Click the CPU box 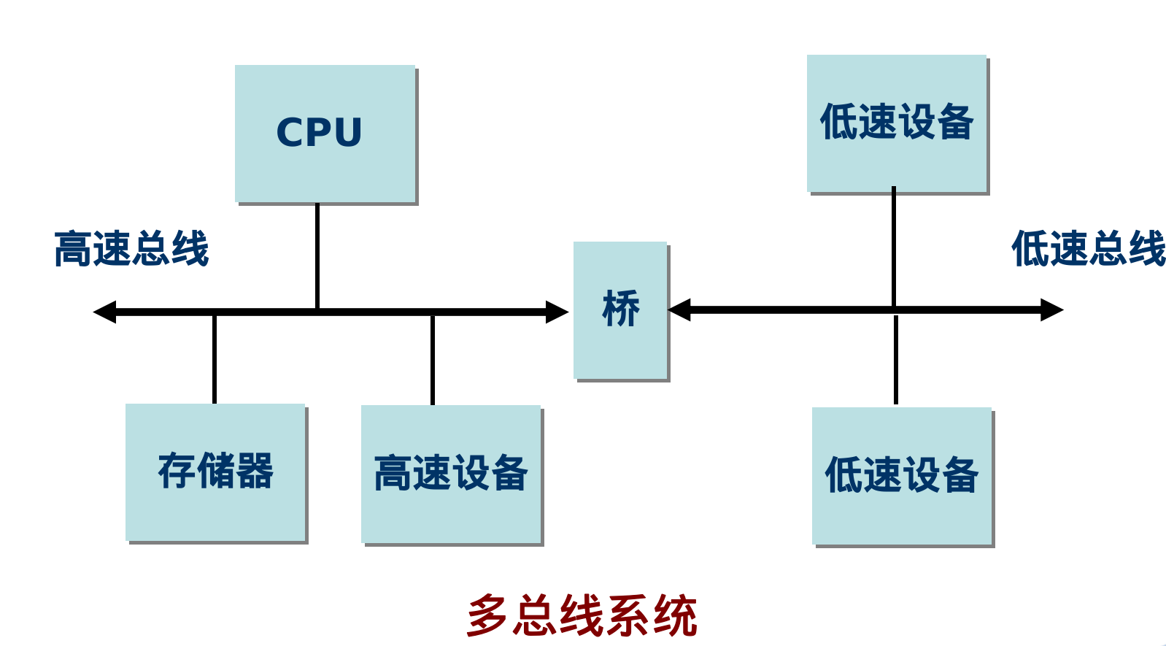(325, 134)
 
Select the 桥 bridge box (620, 310)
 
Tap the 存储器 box (215, 472)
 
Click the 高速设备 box (451, 474)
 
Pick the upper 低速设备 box (897, 123)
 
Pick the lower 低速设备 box (902, 476)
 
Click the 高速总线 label (132, 249)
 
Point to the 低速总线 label (1088, 249)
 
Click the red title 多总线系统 (582, 615)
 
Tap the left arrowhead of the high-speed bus (105, 312)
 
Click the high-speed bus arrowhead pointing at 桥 (557, 312)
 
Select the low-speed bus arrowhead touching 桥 (679, 309)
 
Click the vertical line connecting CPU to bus (317, 255)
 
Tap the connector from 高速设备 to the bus (433, 360)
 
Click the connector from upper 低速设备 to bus (894, 248)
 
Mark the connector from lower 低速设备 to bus (896, 360)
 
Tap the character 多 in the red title (487, 615)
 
